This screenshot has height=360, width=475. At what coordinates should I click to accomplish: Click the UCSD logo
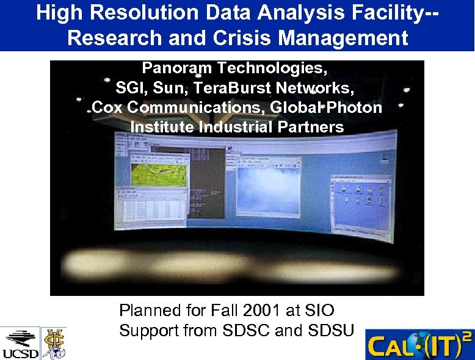point(20,343)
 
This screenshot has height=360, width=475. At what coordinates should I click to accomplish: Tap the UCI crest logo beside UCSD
point(54,343)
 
